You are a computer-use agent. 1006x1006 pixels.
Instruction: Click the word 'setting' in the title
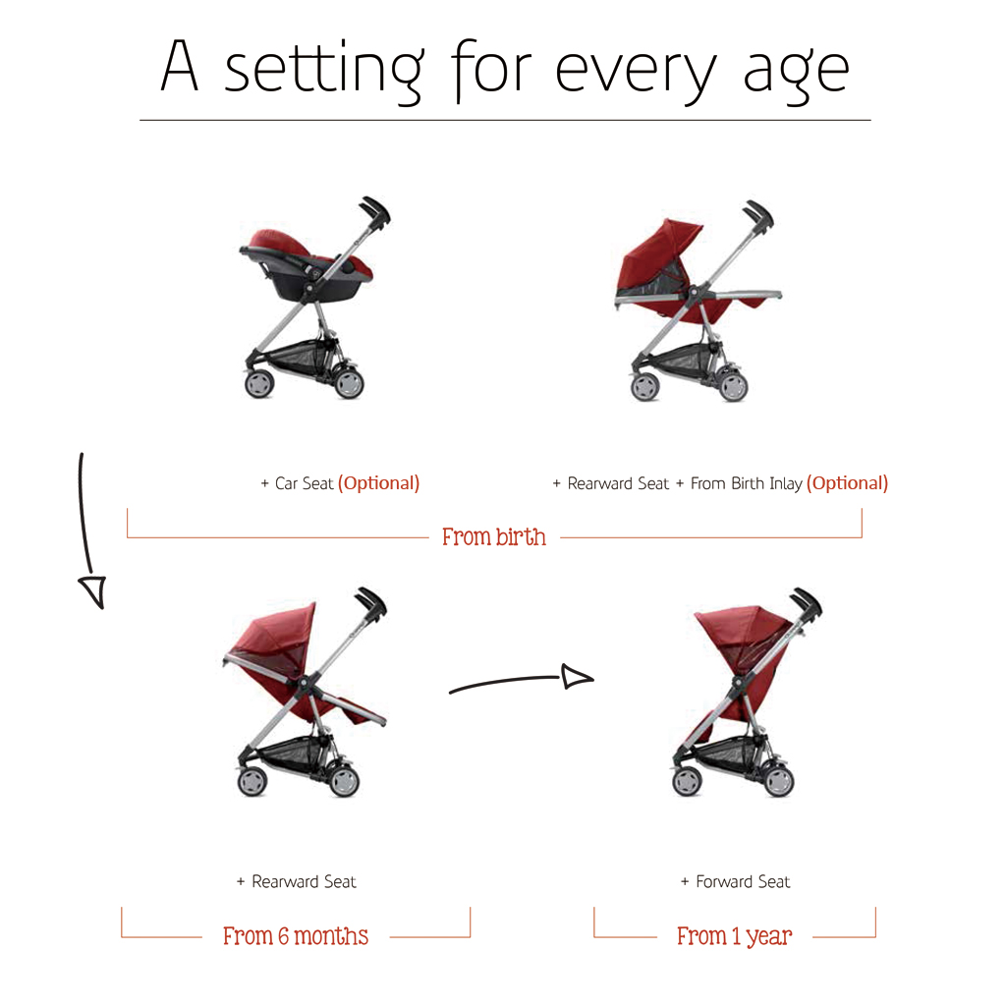click(323, 72)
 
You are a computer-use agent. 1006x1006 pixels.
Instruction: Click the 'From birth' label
click(494, 537)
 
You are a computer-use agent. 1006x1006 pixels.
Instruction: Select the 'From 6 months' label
click(296, 936)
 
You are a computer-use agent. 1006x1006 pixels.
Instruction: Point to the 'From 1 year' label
click(735, 936)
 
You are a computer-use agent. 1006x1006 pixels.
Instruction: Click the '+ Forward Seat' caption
click(735, 881)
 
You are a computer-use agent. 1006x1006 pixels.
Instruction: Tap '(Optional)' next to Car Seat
click(378, 483)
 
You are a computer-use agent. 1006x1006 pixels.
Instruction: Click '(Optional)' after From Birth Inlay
click(847, 483)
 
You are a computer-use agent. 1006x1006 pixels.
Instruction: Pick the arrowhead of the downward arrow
click(93, 590)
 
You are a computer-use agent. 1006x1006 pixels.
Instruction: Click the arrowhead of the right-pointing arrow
click(577, 677)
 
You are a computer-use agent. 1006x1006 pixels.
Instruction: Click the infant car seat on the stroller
click(306, 264)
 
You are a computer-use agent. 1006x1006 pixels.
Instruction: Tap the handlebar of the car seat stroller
click(374, 210)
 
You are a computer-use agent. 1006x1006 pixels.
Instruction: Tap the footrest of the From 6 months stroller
click(361, 709)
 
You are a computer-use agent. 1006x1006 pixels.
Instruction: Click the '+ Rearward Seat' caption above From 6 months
click(296, 881)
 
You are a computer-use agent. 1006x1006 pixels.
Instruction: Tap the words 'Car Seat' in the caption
click(305, 483)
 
